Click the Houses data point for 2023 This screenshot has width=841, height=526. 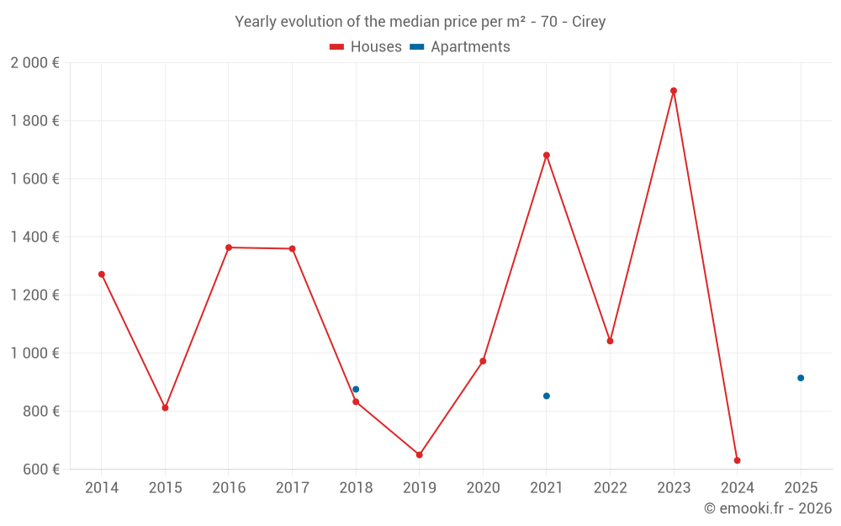674,91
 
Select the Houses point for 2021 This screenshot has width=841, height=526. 547,155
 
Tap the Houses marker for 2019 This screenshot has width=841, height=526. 420,454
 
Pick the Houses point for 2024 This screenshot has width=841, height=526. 738,460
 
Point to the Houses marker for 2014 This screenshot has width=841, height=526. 102,274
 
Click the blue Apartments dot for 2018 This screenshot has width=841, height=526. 356,389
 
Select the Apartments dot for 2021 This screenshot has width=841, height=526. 547,396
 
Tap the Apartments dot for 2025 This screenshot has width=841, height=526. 801,378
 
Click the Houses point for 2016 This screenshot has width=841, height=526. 229,247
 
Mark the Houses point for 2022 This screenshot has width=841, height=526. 610,341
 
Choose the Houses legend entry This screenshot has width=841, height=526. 366,47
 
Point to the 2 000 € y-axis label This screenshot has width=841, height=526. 35,63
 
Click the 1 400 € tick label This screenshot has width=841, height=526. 35,237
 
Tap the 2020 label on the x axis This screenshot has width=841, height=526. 483,488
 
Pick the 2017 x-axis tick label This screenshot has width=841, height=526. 292,488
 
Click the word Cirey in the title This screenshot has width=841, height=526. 589,22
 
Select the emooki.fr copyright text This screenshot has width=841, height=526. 768,508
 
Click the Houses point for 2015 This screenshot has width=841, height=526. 165,407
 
